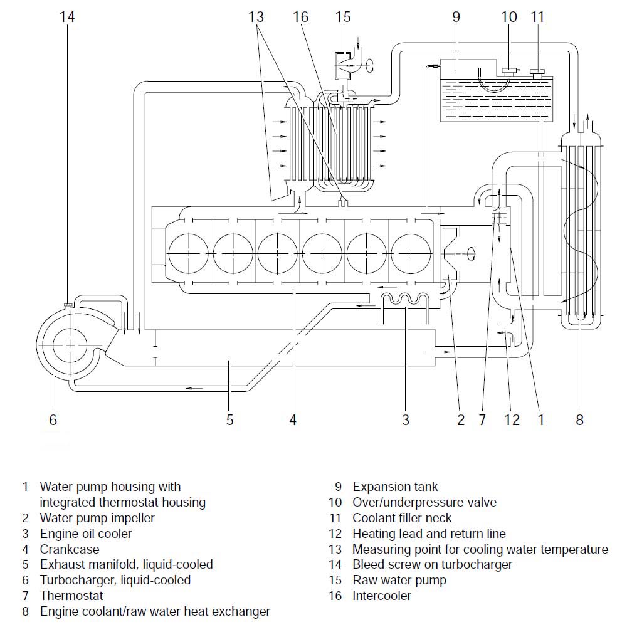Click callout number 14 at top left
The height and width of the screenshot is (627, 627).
(x=67, y=17)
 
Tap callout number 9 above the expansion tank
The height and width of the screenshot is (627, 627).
(x=456, y=17)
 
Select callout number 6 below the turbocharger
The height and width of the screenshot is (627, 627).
(x=53, y=420)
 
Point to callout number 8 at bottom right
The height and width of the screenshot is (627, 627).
(x=579, y=420)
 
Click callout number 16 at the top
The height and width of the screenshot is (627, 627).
(x=301, y=17)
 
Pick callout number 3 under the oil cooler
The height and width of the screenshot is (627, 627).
(x=406, y=420)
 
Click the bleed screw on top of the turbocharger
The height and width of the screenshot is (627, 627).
(x=68, y=306)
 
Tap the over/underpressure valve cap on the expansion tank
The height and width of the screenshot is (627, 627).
(x=509, y=72)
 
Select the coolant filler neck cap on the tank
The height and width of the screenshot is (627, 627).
(x=537, y=73)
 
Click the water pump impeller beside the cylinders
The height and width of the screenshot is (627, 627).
(x=450, y=253)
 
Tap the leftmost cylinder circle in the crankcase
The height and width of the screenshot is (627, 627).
(x=188, y=253)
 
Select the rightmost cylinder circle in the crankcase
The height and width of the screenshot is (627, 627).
(x=411, y=253)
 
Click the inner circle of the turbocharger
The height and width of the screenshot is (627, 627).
(x=69, y=345)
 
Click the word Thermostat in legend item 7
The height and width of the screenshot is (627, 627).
(x=71, y=596)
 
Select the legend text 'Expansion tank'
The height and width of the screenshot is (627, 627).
(x=395, y=487)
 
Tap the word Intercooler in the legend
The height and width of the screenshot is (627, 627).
(x=382, y=596)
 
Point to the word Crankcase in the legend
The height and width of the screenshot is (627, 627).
(x=70, y=549)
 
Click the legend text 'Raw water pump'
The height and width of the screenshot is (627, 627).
(x=399, y=580)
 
